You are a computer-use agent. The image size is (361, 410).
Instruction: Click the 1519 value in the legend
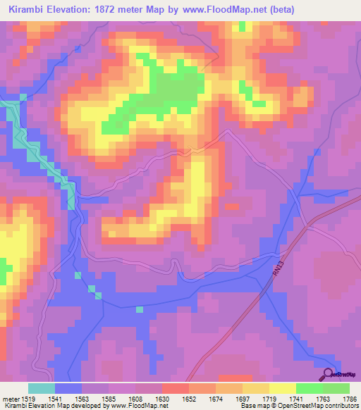(x=28, y=398)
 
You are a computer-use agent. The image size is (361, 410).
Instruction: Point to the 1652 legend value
(x=190, y=398)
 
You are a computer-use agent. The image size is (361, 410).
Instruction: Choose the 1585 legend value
(x=109, y=398)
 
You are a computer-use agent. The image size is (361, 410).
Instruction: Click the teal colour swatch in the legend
(x=42, y=388)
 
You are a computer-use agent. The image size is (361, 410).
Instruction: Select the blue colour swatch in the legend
(x=68, y=388)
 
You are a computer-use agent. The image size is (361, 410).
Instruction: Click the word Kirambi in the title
(x=26, y=10)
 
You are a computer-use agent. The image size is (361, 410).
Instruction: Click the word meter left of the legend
(x=9, y=398)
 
